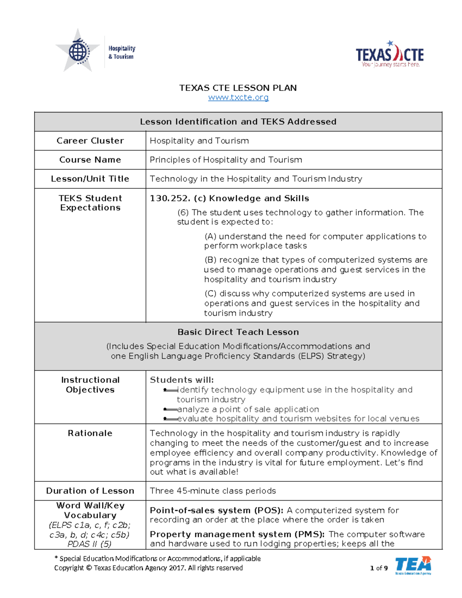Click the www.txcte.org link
(x=238, y=97)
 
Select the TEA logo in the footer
(x=413, y=565)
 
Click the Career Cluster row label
(x=90, y=141)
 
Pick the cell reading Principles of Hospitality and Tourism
(x=226, y=160)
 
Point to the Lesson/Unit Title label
(x=90, y=179)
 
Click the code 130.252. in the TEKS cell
(x=170, y=199)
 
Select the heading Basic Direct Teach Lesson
(x=238, y=332)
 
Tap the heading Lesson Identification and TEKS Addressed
(x=238, y=122)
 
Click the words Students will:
(x=181, y=380)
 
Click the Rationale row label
(x=90, y=434)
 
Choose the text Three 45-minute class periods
(x=213, y=491)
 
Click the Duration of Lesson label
(x=90, y=491)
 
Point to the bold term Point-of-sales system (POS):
(x=216, y=511)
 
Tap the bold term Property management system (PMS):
(x=237, y=534)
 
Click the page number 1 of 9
(x=378, y=568)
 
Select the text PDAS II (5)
(x=89, y=544)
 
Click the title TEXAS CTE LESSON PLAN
(x=238, y=88)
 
